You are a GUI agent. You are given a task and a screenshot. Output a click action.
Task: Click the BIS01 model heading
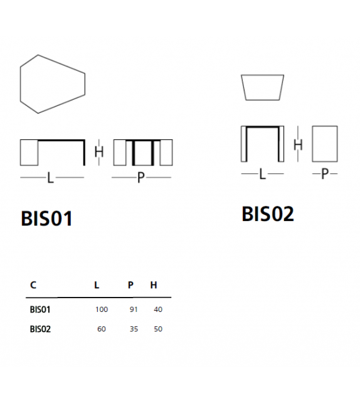[46, 218]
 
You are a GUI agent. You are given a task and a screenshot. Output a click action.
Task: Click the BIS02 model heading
[267, 215]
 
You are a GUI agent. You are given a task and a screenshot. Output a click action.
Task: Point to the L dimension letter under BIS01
[51, 178]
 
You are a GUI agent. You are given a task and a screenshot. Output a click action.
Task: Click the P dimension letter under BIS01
[140, 178]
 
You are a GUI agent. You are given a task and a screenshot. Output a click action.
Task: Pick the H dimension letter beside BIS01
[98, 152]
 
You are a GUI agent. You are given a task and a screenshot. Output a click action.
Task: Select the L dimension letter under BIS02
[263, 175]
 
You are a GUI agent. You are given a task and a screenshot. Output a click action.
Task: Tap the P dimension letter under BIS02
[324, 175]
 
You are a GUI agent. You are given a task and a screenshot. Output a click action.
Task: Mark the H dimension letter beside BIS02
[298, 145]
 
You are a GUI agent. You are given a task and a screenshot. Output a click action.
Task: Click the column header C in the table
[33, 285]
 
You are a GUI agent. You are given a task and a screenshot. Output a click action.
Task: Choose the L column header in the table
[97, 285]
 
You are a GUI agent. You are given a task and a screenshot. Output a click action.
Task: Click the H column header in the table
[154, 285]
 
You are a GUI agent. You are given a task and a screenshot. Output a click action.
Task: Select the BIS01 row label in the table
[40, 309]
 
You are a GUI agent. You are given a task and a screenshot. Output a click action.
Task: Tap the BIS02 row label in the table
[40, 329]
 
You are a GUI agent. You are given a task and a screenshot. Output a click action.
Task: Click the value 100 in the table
[102, 309]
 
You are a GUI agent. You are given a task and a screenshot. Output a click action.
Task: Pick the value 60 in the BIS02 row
[102, 329]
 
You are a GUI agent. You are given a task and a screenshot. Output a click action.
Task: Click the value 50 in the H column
[157, 329]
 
